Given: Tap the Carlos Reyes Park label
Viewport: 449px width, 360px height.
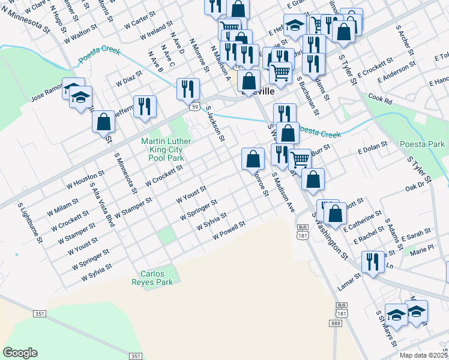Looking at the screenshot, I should click(153, 277).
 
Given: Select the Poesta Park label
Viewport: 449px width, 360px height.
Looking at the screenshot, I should click(424, 144).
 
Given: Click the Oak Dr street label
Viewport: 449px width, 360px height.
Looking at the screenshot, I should click(415, 188).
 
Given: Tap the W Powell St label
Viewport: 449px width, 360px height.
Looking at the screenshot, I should click(229, 230).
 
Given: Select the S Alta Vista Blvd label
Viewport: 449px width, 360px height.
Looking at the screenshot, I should click(101, 205).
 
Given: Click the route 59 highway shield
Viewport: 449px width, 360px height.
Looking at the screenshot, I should click(195, 107).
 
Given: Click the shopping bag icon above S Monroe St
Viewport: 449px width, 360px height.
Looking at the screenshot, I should click(253, 159).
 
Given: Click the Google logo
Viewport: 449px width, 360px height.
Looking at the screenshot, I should click(20, 353).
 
